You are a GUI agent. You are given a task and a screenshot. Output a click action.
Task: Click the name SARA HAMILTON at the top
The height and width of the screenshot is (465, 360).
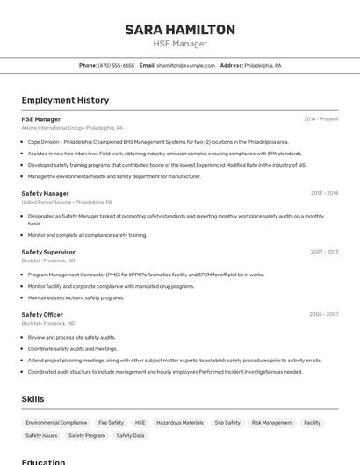coord(180,29)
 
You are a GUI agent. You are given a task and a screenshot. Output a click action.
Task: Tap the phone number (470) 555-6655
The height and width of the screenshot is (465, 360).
coord(116,65)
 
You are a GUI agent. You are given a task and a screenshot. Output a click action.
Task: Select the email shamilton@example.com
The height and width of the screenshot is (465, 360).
coord(185,65)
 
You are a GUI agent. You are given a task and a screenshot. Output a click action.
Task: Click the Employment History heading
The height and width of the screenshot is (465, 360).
coord(65,100)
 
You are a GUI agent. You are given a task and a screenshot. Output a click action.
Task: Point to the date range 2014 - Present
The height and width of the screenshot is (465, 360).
coord(320,119)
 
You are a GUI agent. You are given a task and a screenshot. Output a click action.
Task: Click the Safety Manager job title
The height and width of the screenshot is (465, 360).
coord(45,193)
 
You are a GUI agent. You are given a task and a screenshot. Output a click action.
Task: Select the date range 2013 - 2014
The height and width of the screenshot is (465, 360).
coord(324,193)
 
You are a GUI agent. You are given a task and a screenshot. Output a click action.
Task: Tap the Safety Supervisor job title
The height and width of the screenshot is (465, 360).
coord(48,252)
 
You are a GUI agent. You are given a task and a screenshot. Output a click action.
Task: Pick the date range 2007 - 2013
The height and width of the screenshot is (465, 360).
coord(324,252)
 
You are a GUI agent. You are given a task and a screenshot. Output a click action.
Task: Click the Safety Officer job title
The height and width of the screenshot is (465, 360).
coord(42,314)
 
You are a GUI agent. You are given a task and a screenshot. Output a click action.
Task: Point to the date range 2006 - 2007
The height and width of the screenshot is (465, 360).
coord(323,314)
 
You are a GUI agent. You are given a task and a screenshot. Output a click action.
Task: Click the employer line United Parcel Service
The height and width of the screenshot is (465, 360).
coord(59,202)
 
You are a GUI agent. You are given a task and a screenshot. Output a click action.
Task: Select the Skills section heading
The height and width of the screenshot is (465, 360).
coord(32,399)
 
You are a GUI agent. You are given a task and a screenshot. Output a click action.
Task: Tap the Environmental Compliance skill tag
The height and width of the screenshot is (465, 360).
coord(56,423)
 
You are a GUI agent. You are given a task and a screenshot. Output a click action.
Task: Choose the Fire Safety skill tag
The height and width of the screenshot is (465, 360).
coord(111,423)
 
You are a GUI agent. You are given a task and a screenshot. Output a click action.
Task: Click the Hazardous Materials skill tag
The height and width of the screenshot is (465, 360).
coord(180,423)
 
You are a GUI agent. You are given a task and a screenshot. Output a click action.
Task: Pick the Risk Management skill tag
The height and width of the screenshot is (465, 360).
coord(272,423)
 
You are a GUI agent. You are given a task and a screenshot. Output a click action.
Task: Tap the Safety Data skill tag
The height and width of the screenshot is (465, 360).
coord(131,436)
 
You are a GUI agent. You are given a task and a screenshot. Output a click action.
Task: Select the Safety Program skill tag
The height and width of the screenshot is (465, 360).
coord(87,436)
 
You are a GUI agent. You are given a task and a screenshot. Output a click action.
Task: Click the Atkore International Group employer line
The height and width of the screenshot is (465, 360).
coord(72,128)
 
